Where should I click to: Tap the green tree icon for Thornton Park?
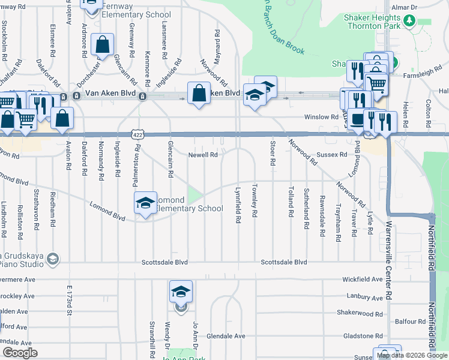tap(410, 21)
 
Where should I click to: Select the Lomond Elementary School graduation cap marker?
tap(145, 203)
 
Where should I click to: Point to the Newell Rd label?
tap(203, 155)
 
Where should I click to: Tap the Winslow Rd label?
tap(318, 116)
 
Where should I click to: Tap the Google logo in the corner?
tap(20, 353)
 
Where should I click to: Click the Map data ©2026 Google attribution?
tap(412, 356)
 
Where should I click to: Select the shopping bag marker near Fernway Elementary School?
tap(102, 44)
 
